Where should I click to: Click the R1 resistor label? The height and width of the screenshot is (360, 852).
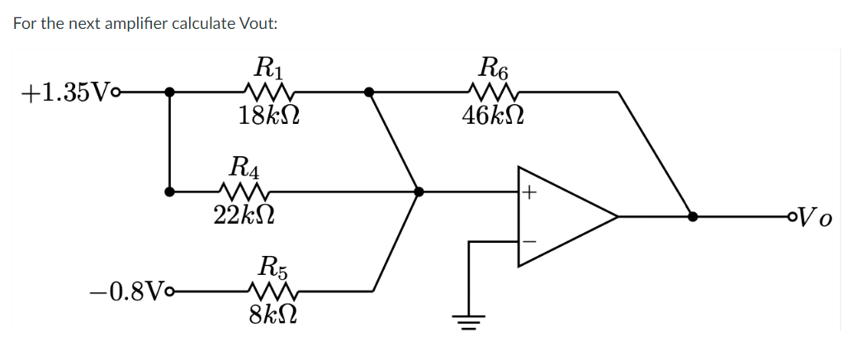click(x=268, y=64)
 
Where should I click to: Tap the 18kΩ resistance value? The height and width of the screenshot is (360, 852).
click(x=268, y=115)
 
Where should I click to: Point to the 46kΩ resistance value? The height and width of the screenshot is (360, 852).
click(x=493, y=115)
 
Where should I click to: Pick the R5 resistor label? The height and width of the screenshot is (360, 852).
click(x=272, y=266)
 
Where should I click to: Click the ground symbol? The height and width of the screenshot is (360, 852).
click(x=470, y=320)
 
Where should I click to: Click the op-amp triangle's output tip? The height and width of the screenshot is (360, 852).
click(x=618, y=217)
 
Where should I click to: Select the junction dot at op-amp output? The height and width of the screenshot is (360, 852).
click(x=693, y=217)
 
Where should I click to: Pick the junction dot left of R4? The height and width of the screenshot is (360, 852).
click(x=169, y=192)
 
